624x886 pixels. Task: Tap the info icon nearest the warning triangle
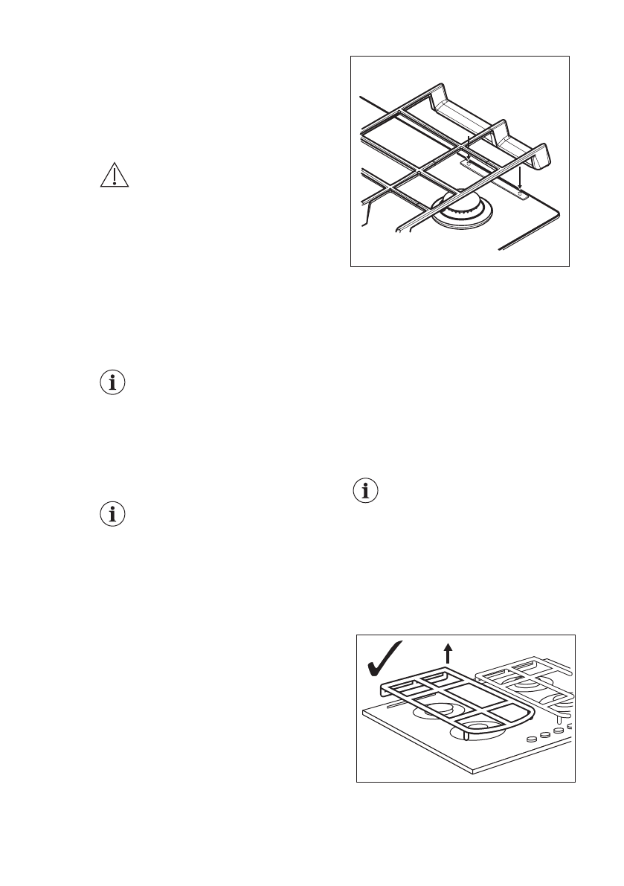coord(112,383)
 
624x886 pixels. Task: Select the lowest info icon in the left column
coord(112,515)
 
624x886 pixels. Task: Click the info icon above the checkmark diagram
coord(364,491)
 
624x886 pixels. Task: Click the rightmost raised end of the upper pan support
coord(544,155)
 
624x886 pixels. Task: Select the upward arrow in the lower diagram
coord(448,653)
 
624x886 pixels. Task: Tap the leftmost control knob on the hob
coord(532,739)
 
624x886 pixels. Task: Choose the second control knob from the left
coord(546,734)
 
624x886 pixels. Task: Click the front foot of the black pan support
coord(465,736)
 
